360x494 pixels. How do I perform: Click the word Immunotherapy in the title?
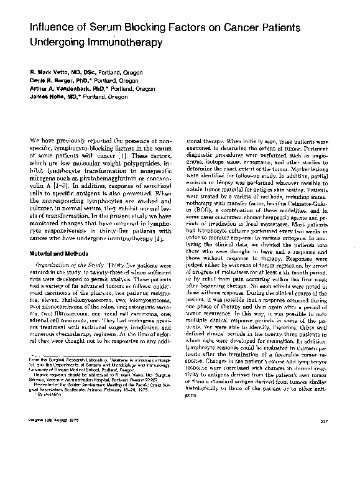(117, 45)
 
